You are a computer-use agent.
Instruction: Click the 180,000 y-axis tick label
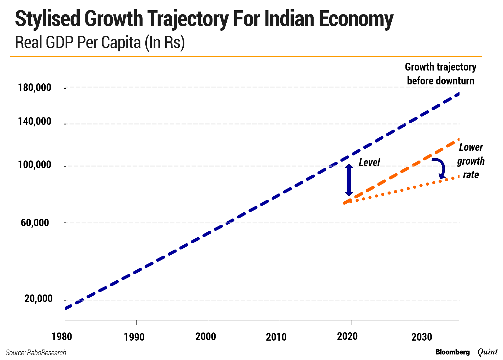35,87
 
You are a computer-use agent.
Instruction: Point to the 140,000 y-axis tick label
35,121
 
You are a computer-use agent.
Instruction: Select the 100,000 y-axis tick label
35,165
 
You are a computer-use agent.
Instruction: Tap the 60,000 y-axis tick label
35,223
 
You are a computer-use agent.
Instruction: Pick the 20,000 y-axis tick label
38,298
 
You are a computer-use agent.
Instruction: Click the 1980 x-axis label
62,336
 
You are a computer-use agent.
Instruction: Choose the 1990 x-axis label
134,337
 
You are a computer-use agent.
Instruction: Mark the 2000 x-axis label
206,336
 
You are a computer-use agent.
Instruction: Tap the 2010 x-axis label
276,337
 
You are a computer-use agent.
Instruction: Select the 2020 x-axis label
347,336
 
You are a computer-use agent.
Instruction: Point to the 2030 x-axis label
422,337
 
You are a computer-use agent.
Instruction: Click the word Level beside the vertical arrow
369,162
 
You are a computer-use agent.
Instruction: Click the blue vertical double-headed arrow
349,180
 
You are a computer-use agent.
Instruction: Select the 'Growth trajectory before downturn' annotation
441,74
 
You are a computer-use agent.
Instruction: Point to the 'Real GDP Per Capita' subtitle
100,42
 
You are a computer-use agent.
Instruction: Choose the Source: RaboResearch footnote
36,353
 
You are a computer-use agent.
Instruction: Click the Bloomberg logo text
452,352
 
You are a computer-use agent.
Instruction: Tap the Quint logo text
488,352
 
